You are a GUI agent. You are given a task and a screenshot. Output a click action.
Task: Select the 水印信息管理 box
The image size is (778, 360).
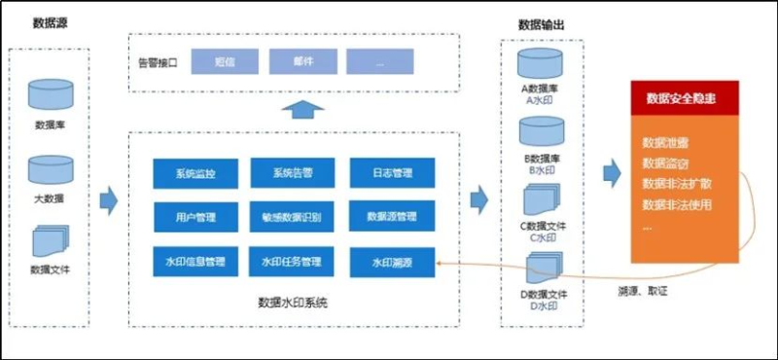click(x=195, y=261)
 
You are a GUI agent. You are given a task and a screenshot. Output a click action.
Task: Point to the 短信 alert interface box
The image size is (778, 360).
click(x=225, y=61)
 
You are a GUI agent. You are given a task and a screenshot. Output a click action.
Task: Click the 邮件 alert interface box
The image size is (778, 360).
click(x=302, y=61)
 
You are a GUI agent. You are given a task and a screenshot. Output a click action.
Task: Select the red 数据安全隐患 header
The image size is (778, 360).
click(x=685, y=98)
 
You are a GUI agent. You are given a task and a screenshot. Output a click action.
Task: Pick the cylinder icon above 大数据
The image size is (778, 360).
click(x=50, y=171)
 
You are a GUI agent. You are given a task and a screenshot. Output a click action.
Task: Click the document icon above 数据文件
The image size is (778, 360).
click(x=50, y=240)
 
